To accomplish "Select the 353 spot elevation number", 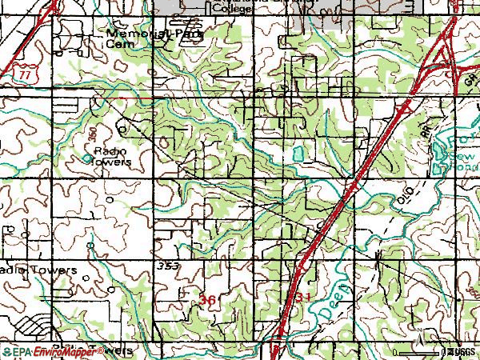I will pos(169,265).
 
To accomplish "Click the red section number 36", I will pos(207,298).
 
